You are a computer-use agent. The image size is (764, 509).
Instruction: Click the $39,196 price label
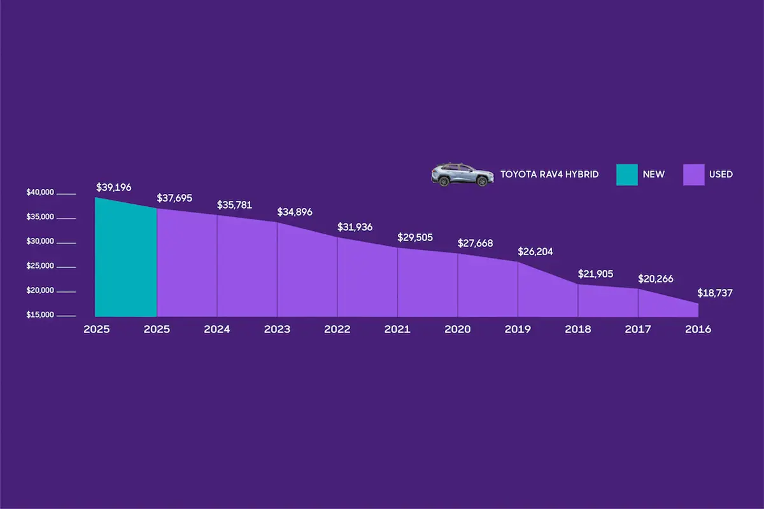coord(114,188)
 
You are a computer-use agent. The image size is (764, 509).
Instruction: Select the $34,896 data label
coord(295,212)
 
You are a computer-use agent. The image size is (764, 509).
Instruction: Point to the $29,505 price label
coord(415,237)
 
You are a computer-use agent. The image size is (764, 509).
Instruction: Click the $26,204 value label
coord(535,251)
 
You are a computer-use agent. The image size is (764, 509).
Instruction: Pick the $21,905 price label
coord(595,274)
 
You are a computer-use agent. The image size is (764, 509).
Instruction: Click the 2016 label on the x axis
coord(698,330)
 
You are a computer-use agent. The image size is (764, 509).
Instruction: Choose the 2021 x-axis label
coord(397,330)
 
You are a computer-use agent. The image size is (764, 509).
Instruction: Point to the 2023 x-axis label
coord(277,330)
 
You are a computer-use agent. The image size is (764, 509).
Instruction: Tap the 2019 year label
coord(518,330)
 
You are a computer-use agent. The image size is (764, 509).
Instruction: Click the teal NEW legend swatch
coord(627,174)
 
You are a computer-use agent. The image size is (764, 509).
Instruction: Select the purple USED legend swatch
coord(693,174)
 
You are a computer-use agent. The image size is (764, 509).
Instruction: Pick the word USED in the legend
coord(721,174)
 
